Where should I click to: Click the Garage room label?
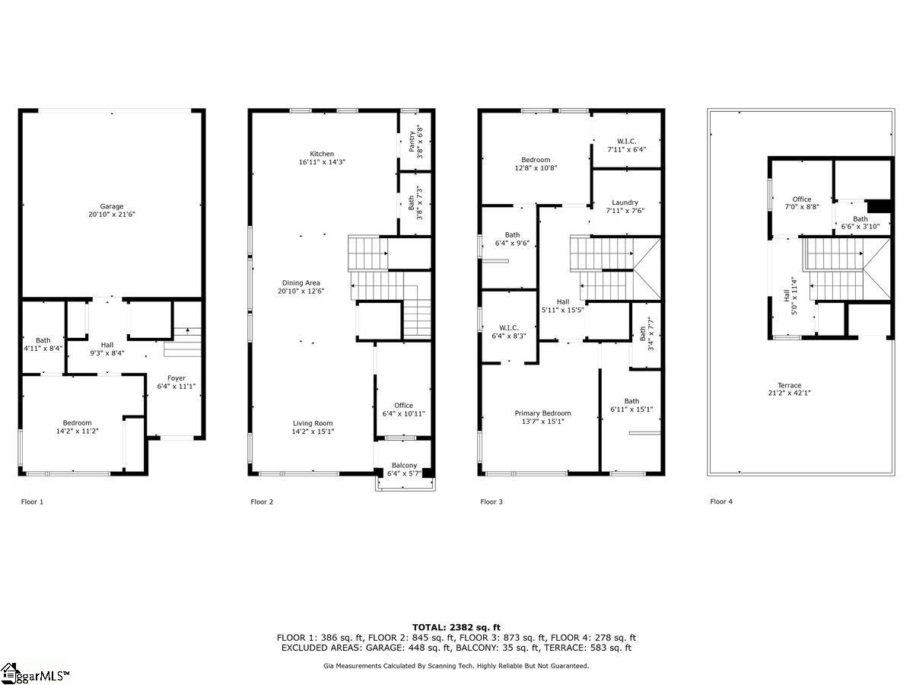[112, 206]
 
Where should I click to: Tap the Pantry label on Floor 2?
[412, 142]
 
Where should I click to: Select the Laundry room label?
[625, 202]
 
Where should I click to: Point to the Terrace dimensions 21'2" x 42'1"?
[789, 393]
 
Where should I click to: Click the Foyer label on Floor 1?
[177, 378]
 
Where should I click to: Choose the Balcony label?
[404, 465]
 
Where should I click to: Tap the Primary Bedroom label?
[542, 413]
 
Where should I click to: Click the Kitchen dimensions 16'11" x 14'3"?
[322, 162]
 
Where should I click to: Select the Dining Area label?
[301, 283]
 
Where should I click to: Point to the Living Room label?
[313, 423]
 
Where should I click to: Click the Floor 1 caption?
[32, 502]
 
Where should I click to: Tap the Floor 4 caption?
[721, 502]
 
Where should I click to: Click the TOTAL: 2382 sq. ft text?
[456, 627]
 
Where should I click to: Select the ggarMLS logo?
[34, 674]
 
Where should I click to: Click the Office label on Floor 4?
[801, 199]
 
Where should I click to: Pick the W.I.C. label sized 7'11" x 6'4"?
[626, 142]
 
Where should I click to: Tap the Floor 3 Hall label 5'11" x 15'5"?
[563, 302]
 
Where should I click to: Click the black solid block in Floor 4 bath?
[878, 206]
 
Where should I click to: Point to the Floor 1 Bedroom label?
[78, 423]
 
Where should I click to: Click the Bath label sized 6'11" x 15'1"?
[631, 401]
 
